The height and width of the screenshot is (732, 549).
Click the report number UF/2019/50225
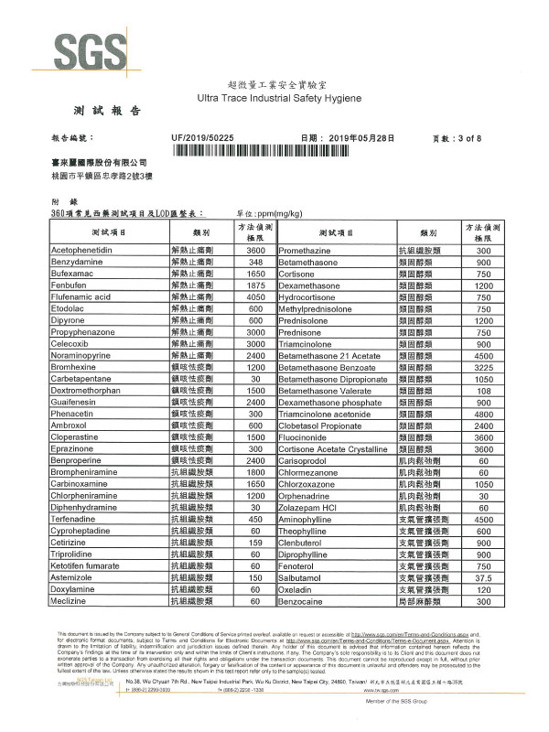203,137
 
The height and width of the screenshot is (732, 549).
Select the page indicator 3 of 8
479,138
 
